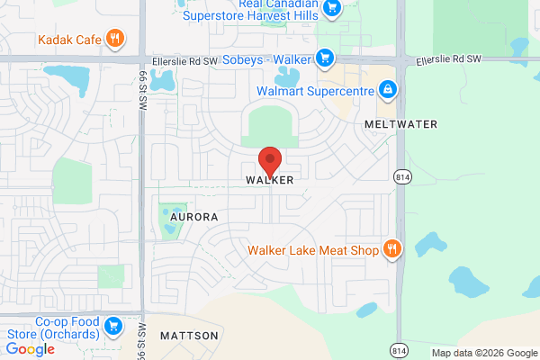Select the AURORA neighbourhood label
[193, 217]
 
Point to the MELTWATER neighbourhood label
[401, 123]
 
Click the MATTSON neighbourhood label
[189, 336]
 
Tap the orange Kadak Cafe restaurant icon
[114, 38]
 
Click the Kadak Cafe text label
[68, 39]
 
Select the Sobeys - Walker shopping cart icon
[326, 59]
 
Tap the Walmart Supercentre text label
[314, 90]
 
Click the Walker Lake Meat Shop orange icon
[392, 249]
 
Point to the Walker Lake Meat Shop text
[313, 250]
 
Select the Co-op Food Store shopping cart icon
[113, 325]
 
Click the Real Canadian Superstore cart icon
[332, 9]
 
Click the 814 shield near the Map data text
[399, 349]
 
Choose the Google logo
[30, 349]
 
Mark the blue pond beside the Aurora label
[168, 221]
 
